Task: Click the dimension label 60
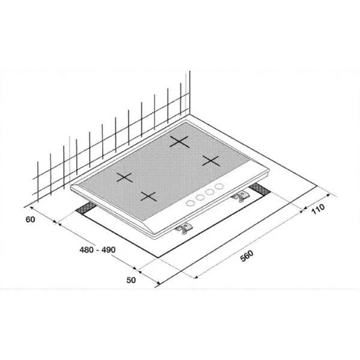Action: (31, 220)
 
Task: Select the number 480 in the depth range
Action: (86, 250)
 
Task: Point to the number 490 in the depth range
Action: (109, 250)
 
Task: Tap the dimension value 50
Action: (131, 286)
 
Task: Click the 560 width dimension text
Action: (247, 256)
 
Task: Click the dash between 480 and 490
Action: (97, 250)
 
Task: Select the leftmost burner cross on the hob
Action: (124, 177)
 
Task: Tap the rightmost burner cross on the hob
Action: (211, 161)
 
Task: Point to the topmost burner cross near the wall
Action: (179, 142)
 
